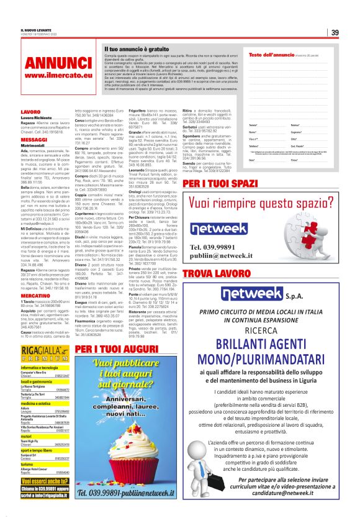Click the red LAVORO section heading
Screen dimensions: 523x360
click(x=30, y=112)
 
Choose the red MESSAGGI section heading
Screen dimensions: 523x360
click(x=34, y=140)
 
